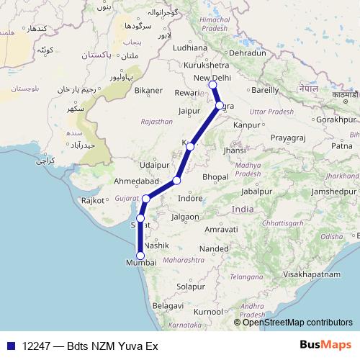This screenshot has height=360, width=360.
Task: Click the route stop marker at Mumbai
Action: (140, 256)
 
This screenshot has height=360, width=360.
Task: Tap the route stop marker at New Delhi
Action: (212, 86)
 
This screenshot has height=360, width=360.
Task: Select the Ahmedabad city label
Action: (137, 181)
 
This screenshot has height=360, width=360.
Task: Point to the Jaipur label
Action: (187, 112)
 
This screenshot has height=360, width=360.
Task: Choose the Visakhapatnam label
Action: (311, 274)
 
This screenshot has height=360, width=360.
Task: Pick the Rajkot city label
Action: (94, 201)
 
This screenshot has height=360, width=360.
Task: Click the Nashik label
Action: (156, 246)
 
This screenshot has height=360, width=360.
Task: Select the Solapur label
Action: (191, 287)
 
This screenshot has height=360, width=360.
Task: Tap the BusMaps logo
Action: (326, 346)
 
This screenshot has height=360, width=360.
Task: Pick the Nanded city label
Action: (214, 248)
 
